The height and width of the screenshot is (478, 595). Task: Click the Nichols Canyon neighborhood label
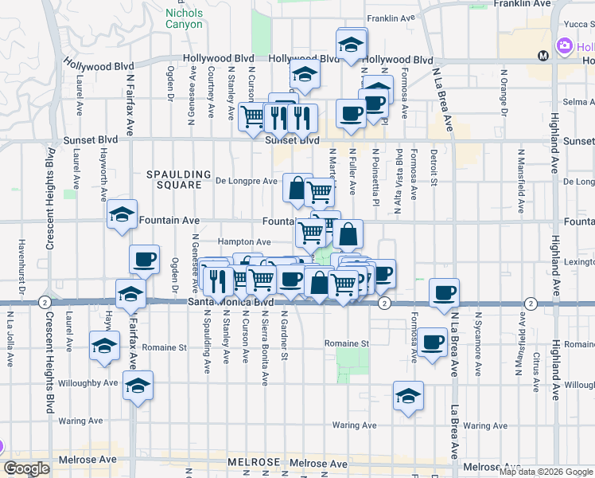[184, 19]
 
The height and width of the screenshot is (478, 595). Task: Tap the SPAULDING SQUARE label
[179, 179]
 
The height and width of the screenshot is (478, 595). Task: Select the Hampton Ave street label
[244, 242]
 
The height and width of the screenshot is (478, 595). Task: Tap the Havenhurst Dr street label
[22, 263]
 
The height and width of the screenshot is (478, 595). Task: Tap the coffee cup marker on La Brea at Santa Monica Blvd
[444, 292]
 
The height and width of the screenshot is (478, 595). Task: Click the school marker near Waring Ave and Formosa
[408, 396]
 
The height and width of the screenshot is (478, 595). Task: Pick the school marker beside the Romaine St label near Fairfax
[104, 347]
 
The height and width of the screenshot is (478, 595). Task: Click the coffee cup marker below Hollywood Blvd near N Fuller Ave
[349, 113]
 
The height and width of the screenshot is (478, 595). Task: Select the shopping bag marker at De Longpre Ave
[297, 189]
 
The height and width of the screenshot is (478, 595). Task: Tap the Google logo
[26, 469]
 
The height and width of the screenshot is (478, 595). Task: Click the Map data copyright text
[546, 472]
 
